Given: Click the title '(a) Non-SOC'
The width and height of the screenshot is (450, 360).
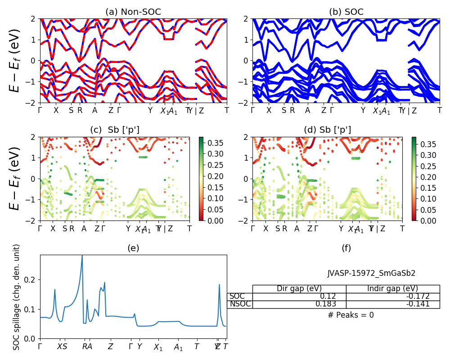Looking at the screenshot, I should tap(133, 12).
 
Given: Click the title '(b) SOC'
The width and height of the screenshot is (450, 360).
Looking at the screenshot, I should tap(346, 12).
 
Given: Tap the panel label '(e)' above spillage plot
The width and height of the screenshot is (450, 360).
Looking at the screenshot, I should tap(133, 248).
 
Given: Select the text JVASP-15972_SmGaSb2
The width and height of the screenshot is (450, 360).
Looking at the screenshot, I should tap(371, 273).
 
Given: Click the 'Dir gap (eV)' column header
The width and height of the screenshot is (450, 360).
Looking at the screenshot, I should tap(299, 288).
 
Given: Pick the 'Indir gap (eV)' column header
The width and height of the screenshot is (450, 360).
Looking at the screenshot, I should tap(392, 288).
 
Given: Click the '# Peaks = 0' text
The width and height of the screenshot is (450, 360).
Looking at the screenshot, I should tap(351, 315).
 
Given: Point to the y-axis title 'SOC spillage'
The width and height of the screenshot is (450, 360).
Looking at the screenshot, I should tap(17, 297).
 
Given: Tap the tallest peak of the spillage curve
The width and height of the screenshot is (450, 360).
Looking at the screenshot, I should tap(82, 256).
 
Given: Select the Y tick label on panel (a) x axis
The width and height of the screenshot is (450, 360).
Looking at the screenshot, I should tap(150, 110).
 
